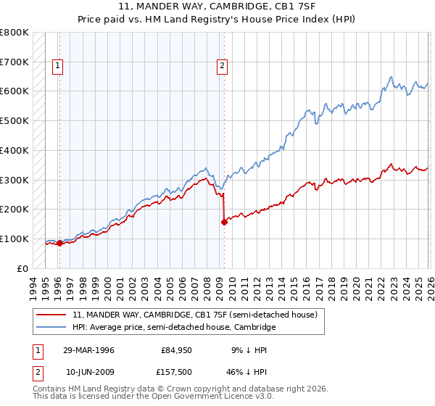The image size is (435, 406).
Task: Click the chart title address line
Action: (217, 7)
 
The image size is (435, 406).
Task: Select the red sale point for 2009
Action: (224, 222)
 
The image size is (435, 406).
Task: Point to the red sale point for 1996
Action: (59, 244)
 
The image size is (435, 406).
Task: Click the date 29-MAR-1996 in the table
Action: (88, 350)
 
